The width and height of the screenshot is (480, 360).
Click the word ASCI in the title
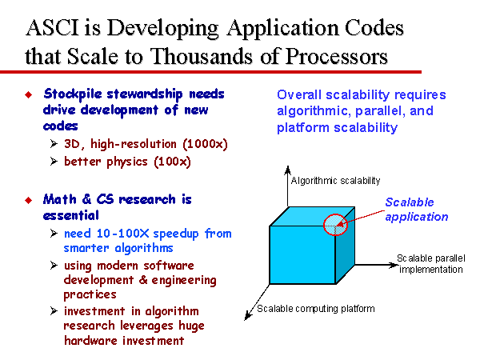pyautogui.click(x=53, y=27)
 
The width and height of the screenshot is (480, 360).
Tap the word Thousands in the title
pyautogui.click(x=202, y=56)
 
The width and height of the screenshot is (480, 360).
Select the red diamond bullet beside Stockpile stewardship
pyautogui.click(x=29, y=94)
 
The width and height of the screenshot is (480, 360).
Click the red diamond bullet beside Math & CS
pyautogui.click(x=29, y=200)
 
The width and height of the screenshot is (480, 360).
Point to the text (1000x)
pyautogui.click(x=205, y=144)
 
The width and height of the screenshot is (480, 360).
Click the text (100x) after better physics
pyautogui.click(x=172, y=162)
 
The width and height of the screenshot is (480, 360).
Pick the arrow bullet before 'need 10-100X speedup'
pyautogui.click(x=54, y=234)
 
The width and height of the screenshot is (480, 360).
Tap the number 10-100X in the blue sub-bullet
pyautogui.click(x=122, y=234)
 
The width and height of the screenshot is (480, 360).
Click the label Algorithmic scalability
pyautogui.click(x=335, y=181)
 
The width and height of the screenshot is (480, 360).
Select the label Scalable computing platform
pyautogui.click(x=316, y=309)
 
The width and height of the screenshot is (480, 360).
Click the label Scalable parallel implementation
pyautogui.click(x=431, y=264)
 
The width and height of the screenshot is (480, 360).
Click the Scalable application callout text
pyautogui.click(x=417, y=210)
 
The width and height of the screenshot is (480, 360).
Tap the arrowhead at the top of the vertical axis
pyautogui.click(x=287, y=170)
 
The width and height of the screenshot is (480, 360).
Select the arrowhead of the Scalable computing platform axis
pyautogui.click(x=248, y=316)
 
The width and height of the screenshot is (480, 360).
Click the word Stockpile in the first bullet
pyautogui.click(x=73, y=94)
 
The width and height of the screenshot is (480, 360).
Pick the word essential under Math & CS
pyautogui.click(x=71, y=215)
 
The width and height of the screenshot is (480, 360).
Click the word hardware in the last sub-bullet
pyautogui.click(x=90, y=341)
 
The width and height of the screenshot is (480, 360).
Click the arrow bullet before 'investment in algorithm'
pyautogui.click(x=54, y=311)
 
